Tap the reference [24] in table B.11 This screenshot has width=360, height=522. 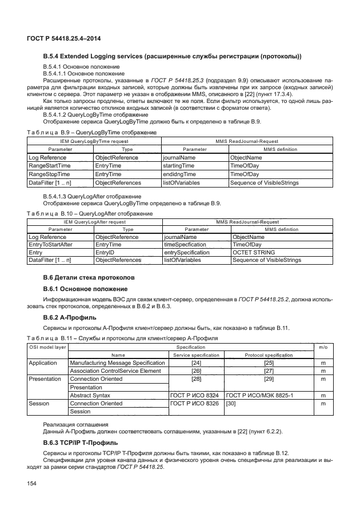point(196,362)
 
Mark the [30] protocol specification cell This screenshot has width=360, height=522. point(231,403)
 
